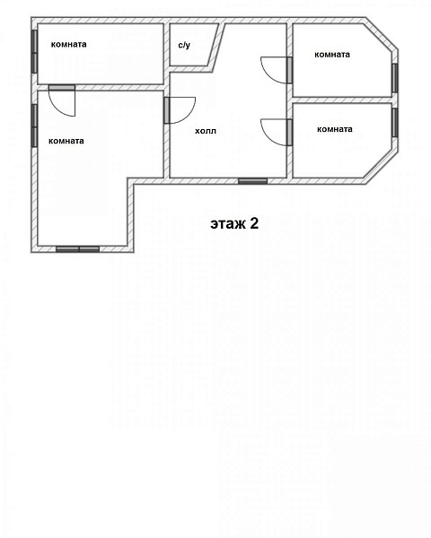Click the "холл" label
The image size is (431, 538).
(206, 131)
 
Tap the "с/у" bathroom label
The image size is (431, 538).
(184, 45)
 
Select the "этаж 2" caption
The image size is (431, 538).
(234, 223)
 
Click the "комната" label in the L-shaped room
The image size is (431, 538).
(66, 141)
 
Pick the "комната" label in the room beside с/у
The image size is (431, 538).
(69, 44)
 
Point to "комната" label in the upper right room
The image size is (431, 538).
(332, 54)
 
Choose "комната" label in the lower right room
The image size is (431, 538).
(335, 129)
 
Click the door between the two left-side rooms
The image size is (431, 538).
(62, 100)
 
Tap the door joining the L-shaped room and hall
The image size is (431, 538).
(180, 110)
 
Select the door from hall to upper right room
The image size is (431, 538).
(277, 70)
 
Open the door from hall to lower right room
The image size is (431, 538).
(277, 132)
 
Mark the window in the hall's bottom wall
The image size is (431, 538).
(253, 181)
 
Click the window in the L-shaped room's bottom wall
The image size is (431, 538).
(78, 249)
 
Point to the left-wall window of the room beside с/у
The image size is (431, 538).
(34, 52)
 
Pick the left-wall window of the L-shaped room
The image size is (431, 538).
(34, 126)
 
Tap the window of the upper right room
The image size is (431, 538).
(395, 78)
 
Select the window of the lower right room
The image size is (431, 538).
(395, 123)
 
